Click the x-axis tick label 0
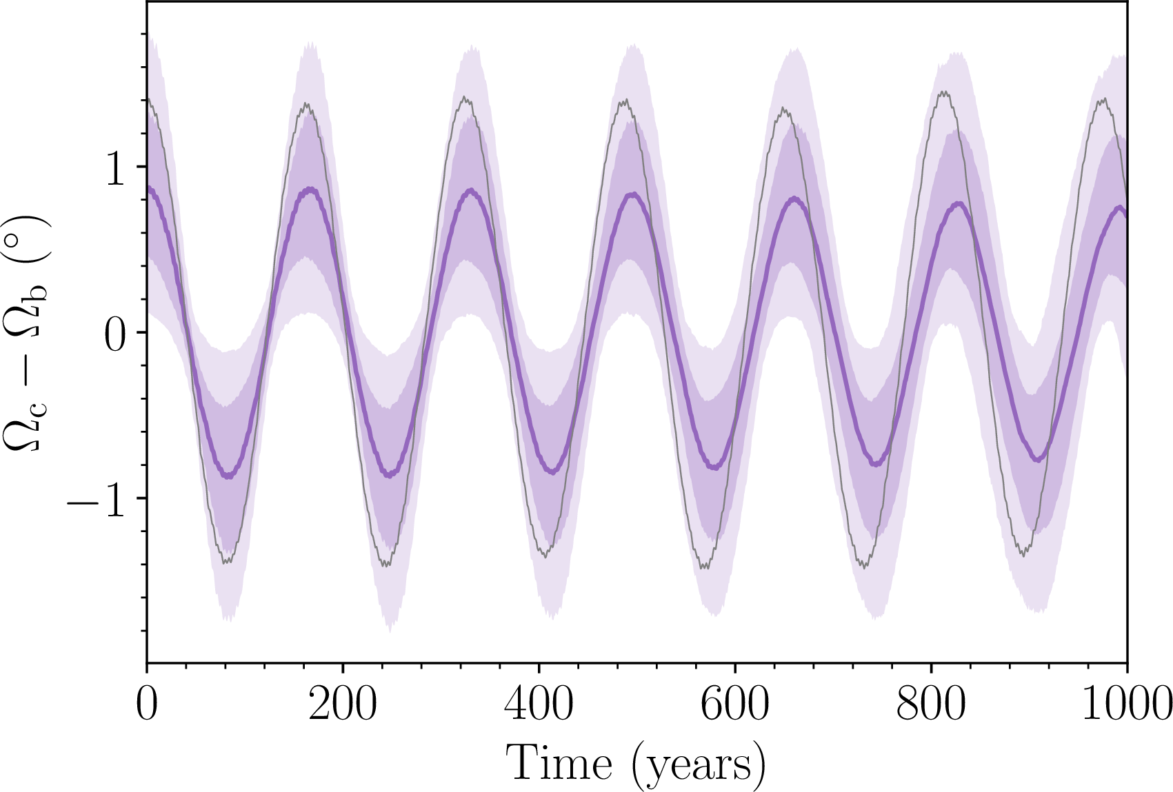(x=147, y=704)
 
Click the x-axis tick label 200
(x=343, y=704)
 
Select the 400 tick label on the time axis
(x=539, y=704)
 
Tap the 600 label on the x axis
(x=735, y=704)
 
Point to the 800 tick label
(x=931, y=704)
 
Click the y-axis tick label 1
(x=116, y=167)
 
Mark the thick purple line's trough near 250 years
(x=390, y=475)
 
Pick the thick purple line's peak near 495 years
(x=633, y=194)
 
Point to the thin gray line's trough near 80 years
(x=227, y=562)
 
